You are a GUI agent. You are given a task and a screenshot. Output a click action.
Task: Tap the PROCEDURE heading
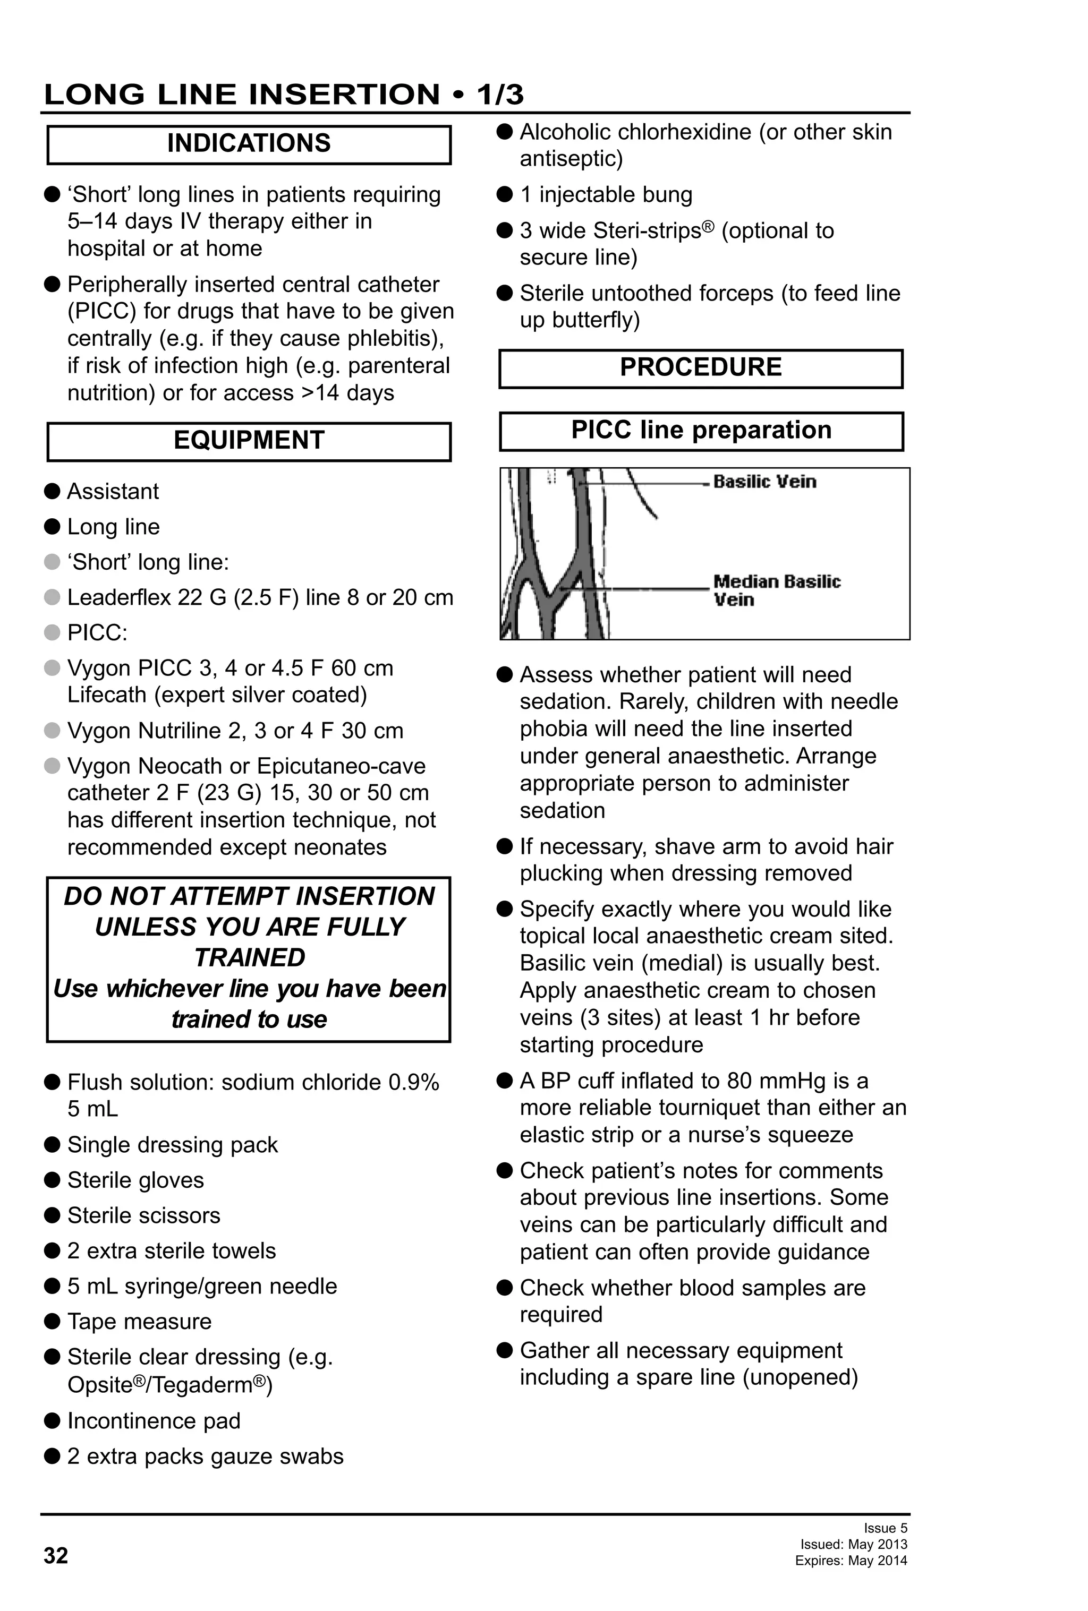click(700, 367)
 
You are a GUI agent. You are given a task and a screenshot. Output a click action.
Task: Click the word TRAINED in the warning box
click(249, 957)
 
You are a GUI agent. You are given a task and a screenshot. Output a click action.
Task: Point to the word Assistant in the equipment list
click(113, 492)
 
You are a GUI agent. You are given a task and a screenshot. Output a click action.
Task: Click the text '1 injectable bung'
click(606, 195)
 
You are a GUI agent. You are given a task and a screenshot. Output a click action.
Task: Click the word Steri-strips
click(643, 231)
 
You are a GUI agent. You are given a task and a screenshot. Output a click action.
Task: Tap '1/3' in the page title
click(499, 95)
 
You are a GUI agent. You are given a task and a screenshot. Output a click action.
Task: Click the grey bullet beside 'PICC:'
click(52, 632)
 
